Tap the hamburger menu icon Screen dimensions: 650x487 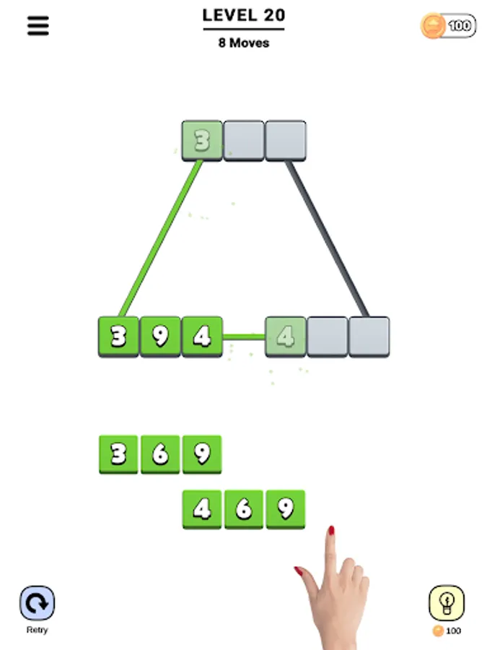point(38,26)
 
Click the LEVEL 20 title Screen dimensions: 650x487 point(243,15)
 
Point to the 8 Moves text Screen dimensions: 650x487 point(243,43)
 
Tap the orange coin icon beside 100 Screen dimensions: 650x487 point(433,26)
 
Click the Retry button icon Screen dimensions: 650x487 point(37,603)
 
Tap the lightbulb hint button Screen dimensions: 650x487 point(447,603)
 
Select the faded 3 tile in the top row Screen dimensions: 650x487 point(202,140)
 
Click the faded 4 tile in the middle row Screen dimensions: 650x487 point(286,336)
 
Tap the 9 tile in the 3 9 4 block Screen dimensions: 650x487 point(160,336)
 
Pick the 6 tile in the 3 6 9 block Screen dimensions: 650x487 point(160,454)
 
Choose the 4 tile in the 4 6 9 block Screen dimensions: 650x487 point(202,509)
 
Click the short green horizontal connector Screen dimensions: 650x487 point(244,337)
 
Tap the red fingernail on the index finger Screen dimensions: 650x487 point(331,531)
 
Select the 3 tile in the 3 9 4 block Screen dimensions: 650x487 point(118,336)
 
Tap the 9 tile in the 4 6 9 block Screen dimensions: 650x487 point(286,509)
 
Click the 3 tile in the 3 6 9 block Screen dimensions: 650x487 point(118,454)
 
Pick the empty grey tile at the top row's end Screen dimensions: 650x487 point(286,140)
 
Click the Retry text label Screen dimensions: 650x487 point(37,630)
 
